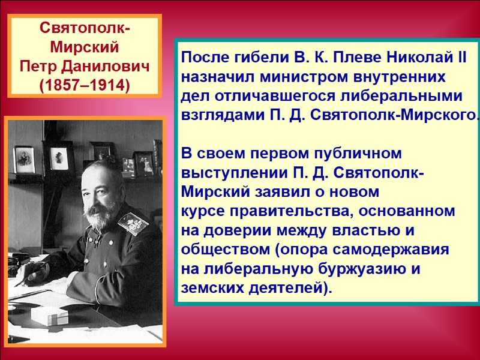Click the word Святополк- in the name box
tap(84, 29)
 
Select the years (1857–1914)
tap(84, 85)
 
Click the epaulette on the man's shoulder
tap(133, 221)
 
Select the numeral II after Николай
tap(460, 59)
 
